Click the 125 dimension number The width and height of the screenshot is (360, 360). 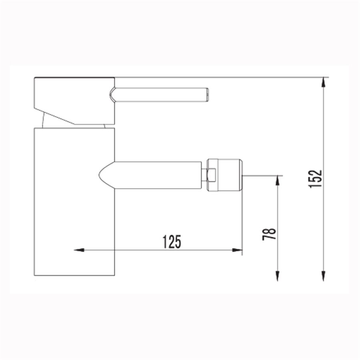pyautogui.click(x=172, y=242)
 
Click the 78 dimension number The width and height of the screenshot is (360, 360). pyautogui.click(x=269, y=234)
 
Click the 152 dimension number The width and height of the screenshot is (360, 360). pyautogui.click(x=315, y=179)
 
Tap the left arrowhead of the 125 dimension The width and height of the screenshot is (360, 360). pyautogui.click(x=79, y=250)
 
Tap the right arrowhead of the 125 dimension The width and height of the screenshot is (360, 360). pyautogui.click(x=237, y=250)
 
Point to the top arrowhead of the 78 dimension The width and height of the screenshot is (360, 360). pyautogui.click(x=278, y=180)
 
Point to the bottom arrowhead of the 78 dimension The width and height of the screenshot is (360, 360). pyautogui.click(x=278, y=276)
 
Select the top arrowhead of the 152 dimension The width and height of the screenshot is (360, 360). pyautogui.click(x=324, y=82)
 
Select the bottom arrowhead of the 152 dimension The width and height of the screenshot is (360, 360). pyautogui.click(x=324, y=276)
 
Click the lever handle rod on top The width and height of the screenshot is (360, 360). pyautogui.click(x=161, y=94)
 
